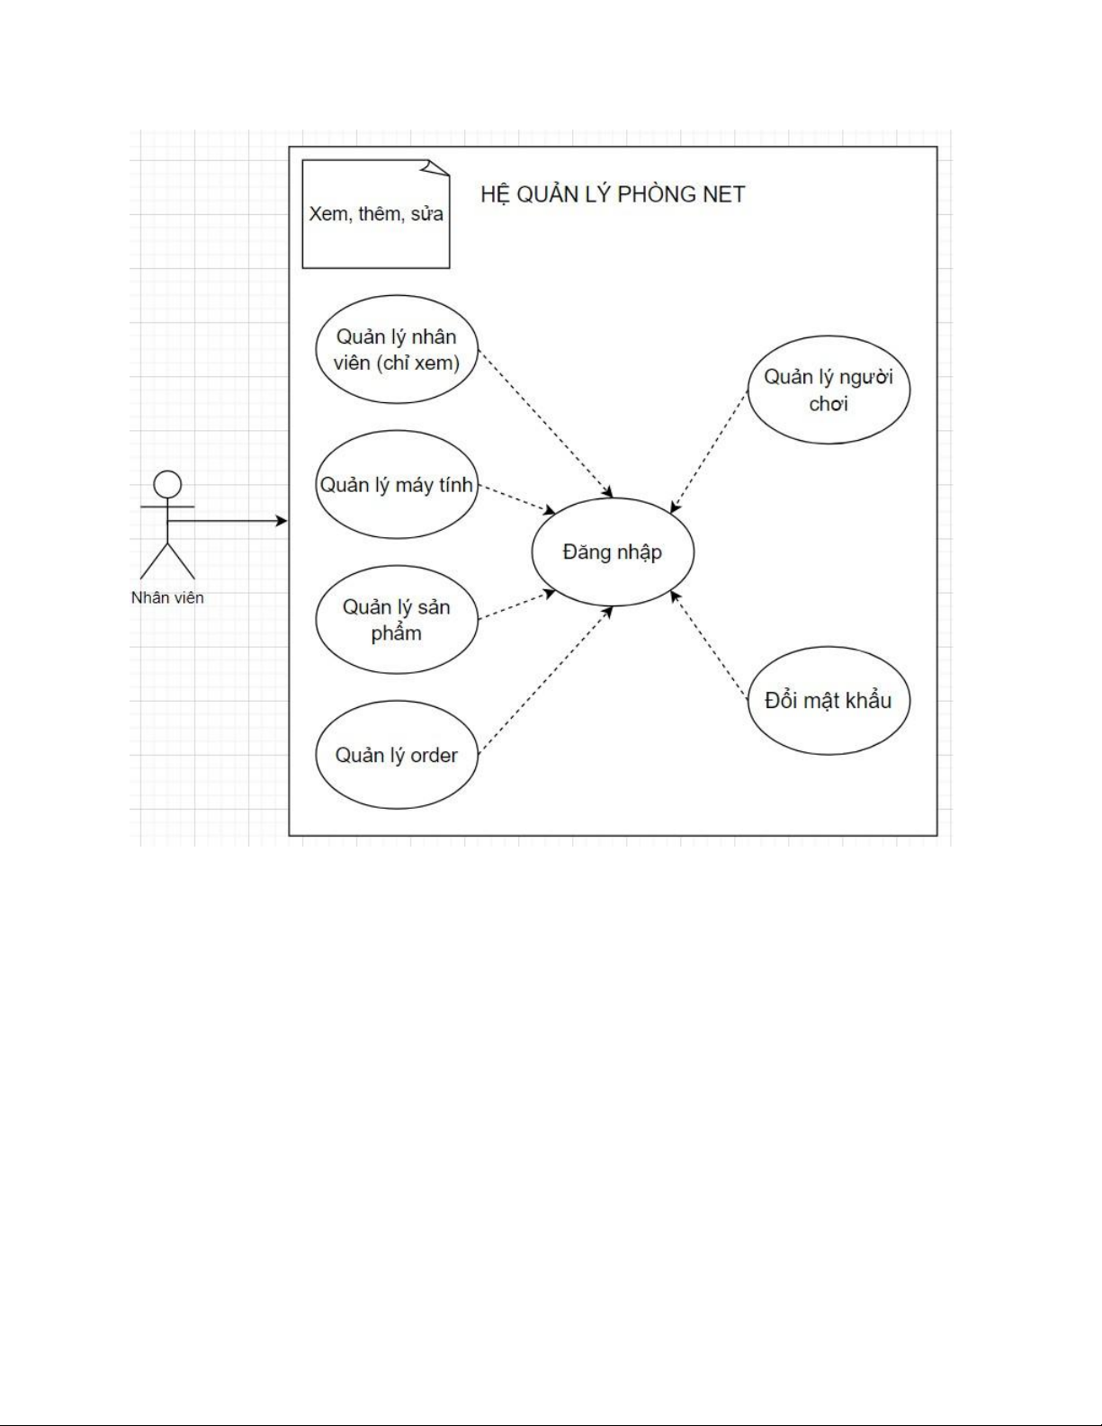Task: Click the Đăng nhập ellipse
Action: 613,552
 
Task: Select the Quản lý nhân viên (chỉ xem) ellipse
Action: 396,349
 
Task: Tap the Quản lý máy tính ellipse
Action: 396,485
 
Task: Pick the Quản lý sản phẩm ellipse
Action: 396,620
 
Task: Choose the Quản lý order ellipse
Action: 396,755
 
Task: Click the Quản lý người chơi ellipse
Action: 829,390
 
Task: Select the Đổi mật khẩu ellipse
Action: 829,700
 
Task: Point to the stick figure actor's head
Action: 167,485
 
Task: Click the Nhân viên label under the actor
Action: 167,597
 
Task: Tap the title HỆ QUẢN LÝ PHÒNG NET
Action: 613,194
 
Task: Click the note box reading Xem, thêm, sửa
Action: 375,215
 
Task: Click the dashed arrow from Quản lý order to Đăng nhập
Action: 544,679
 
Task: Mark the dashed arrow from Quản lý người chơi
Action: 710,453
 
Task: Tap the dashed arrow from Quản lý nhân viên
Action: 544,423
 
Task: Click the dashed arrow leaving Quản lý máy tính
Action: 515,499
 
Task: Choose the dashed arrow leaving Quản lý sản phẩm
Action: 515,605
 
